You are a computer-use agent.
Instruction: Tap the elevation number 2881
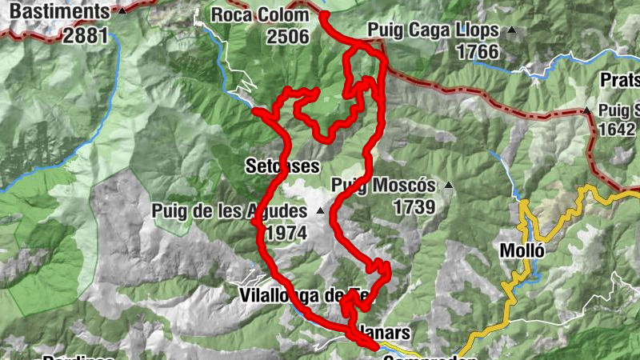click(86, 36)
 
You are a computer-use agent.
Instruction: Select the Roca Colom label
click(259, 14)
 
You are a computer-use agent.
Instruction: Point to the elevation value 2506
click(288, 36)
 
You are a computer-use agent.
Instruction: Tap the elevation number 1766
click(478, 53)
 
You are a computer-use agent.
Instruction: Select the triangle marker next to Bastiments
click(122, 12)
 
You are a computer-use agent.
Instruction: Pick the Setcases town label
click(282, 166)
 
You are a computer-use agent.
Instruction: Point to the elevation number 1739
click(414, 207)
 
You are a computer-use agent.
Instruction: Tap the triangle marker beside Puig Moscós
click(448, 186)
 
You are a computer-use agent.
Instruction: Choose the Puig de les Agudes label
click(229, 211)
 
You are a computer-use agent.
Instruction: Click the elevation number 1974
click(287, 233)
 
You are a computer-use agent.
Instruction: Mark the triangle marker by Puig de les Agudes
click(320, 212)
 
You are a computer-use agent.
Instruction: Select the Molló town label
click(522, 250)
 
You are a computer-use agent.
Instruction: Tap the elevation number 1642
click(618, 130)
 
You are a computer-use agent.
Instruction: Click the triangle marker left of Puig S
click(586, 110)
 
